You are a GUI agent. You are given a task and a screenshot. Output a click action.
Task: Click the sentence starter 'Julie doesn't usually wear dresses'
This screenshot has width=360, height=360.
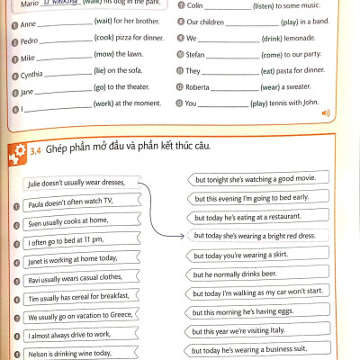coord(82,184)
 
